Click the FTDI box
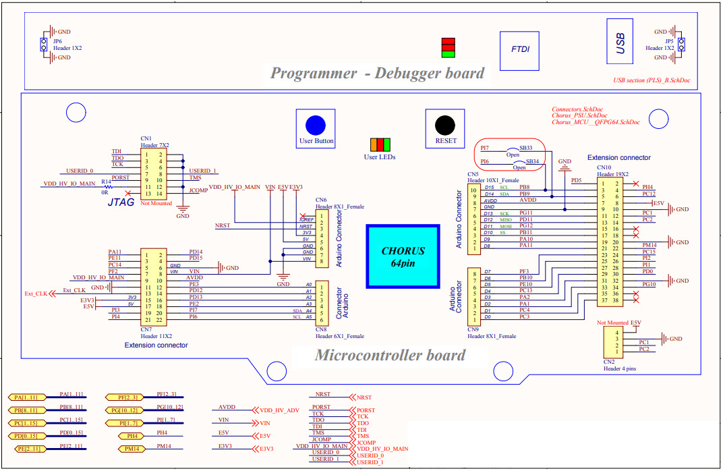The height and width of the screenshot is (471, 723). pyautogui.click(x=520, y=51)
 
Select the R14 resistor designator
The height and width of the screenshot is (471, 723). pyautogui.click(x=106, y=182)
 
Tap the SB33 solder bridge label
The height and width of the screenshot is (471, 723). pyautogui.click(x=525, y=148)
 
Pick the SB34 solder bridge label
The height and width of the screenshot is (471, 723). pyautogui.click(x=531, y=161)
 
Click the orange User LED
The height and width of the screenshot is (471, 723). pyautogui.click(x=374, y=144)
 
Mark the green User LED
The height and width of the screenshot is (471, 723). pyautogui.click(x=388, y=144)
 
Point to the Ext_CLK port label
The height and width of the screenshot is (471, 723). pyautogui.click(x=36, y=294)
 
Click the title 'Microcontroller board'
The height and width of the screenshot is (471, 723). pyautogui.click(x=390, y=355)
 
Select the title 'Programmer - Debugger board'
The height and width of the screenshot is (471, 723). pyautogui.click(x=377, y=74)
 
